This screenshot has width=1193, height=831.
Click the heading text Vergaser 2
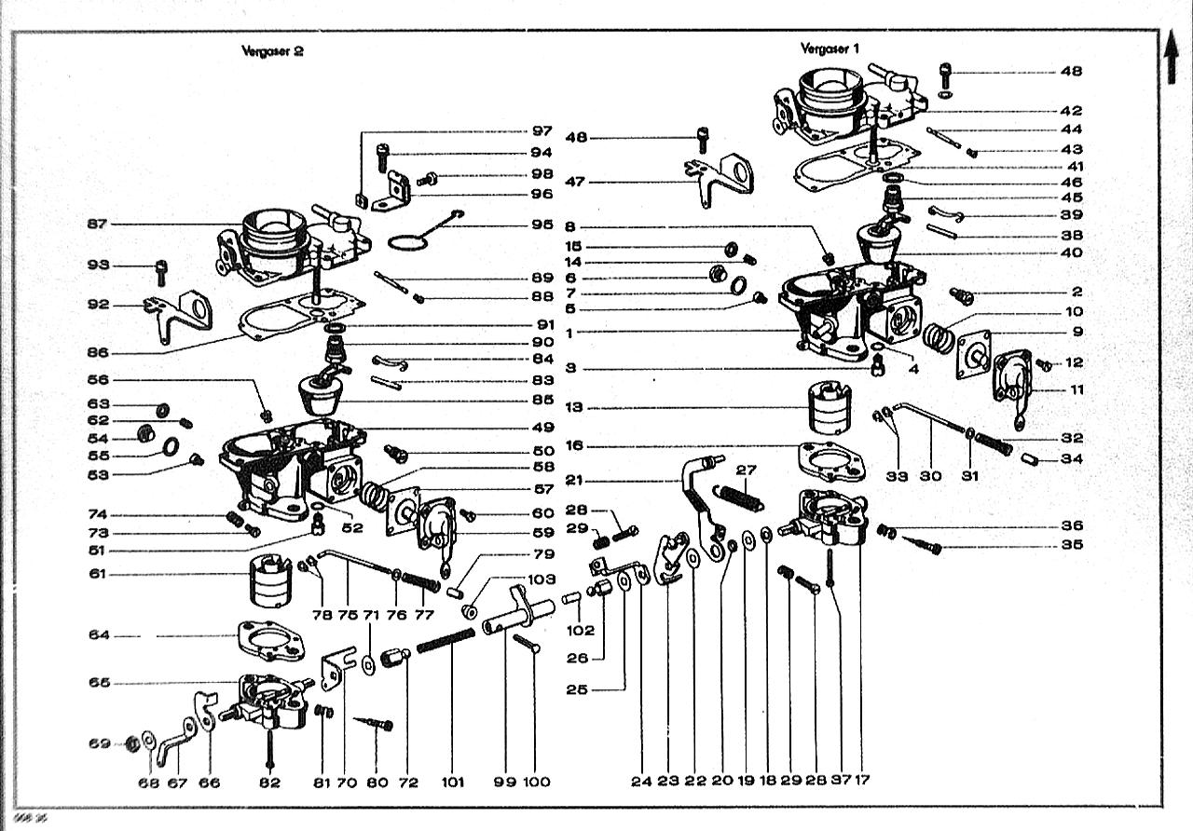[272, 52]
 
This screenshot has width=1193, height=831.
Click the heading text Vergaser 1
[829, 48]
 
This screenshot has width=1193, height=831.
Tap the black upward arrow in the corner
[1172, 58]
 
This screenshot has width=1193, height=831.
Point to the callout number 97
[542, 130]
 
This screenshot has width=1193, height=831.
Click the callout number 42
[1071, 111]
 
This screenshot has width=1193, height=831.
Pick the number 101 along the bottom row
[452, 783]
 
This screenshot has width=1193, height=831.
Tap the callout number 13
[574, 408]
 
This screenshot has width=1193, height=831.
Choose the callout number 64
[99, 635]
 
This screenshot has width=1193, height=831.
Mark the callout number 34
[1072, 458]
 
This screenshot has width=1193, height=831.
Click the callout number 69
[99, 743]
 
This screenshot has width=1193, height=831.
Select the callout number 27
[747, 470]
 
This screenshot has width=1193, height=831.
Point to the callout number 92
[99, 305]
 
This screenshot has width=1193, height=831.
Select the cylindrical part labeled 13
[830, 407]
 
